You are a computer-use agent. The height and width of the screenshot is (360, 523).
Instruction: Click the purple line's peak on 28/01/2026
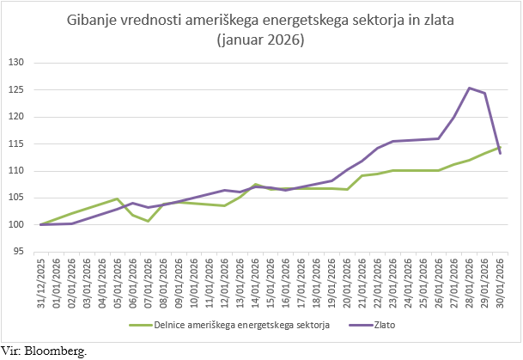(x=469, y=88)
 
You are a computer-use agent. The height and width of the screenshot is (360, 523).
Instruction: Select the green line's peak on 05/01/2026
(x=117, y=199)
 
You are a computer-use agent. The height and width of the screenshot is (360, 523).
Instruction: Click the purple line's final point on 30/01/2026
(x=500, y=154)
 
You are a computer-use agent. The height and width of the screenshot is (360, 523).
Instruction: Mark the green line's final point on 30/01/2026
(x=500, y=147)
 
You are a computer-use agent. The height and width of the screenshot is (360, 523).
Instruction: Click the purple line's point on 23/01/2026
(x=392, y=141)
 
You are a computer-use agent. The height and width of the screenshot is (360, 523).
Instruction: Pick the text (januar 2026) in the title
(x=261, y=40)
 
